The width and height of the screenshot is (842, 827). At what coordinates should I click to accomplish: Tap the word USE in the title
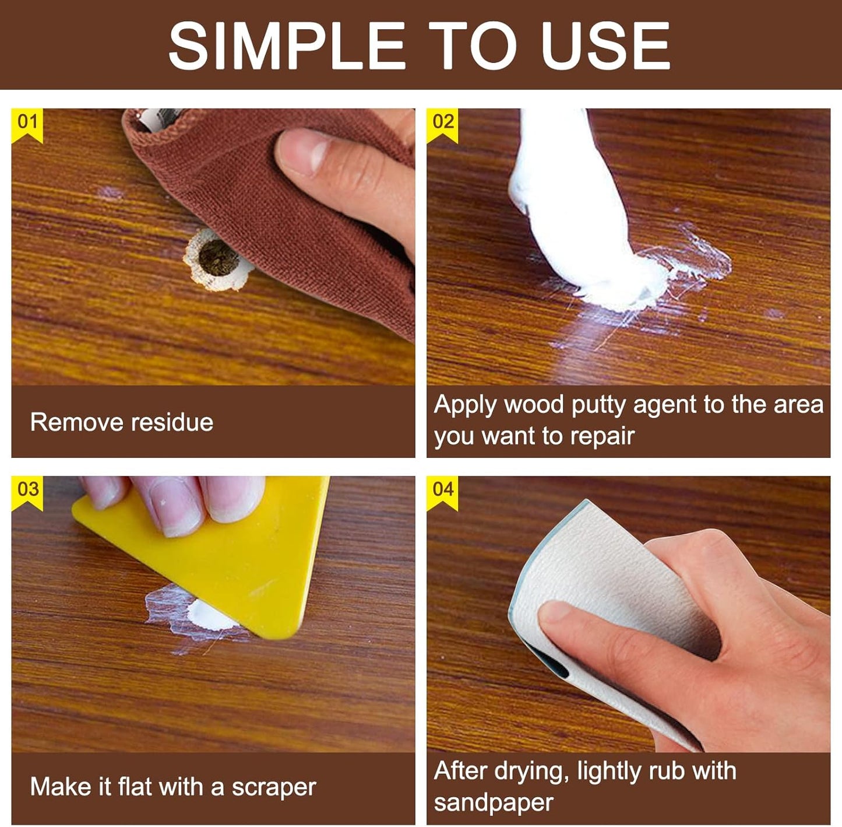[606, 45]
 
